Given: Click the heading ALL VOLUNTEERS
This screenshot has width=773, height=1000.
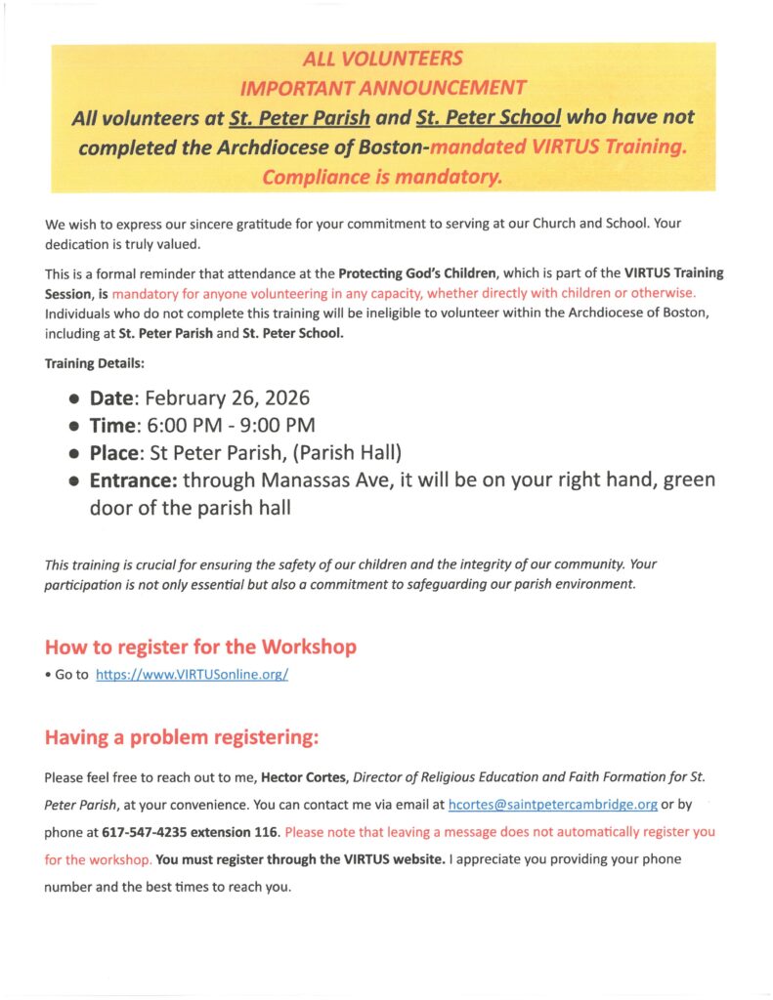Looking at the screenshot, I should pos(383,60).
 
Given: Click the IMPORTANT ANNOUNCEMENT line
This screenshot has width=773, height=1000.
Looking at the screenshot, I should pos(383,89).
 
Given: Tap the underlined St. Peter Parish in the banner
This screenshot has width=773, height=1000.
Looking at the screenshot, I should pos(299,118).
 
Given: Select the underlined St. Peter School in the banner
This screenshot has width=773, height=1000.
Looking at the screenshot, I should pos(488,118).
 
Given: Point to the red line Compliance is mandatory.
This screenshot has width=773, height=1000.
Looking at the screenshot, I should pos(383,177).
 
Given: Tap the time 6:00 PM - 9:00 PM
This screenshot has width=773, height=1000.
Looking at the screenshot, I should pos(231,426).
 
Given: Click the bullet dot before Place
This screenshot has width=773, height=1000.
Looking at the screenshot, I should pos(75,454).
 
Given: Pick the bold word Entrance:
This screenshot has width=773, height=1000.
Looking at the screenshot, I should pos(133,480).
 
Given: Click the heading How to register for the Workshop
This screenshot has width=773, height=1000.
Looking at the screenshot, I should pos(200,646).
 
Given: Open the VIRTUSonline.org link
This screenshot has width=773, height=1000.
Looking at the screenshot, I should pos(192,675).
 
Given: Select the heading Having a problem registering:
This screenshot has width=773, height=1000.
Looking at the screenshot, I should pos(182,738).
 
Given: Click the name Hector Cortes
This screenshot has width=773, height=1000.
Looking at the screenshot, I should pos(304,778).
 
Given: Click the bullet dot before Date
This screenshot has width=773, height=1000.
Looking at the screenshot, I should pos(75,399).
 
